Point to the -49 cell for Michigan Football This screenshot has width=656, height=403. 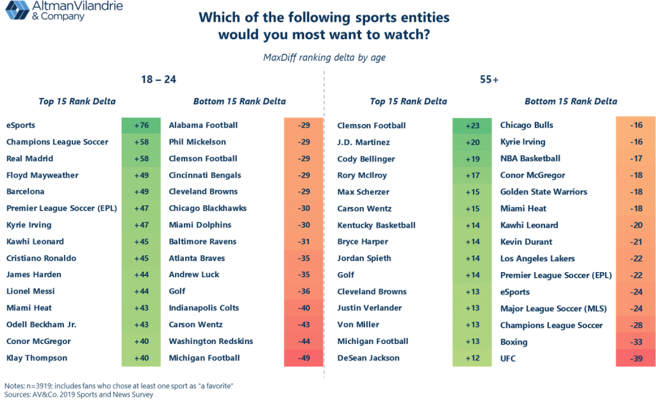coord(304,358)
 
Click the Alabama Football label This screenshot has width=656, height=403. coord(202,125)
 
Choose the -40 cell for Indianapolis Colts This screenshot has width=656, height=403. coord(304,308)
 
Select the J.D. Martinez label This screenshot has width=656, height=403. coord(363,142)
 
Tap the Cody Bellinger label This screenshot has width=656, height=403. coord(366,159)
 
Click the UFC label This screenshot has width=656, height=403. coord(508,358)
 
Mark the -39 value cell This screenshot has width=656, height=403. coord(634,358)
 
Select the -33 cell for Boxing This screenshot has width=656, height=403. coord(634,341)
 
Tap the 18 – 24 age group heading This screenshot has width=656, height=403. coord(158,80)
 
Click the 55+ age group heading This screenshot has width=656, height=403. coord(489,80)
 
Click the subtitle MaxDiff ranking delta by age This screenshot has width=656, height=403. coord(324,57)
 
